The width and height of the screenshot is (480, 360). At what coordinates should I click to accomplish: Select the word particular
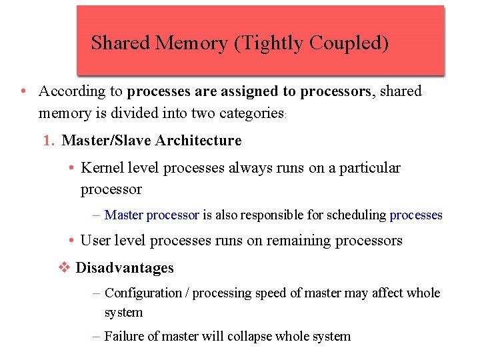tap(369, 168)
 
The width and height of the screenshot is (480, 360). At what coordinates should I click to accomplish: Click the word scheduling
tap(357, 215)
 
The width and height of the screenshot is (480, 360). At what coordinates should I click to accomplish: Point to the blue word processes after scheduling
tap(416, 215)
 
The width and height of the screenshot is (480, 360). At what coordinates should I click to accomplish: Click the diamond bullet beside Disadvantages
tap(65, 268)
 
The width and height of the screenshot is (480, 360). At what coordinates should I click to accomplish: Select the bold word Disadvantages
tap(125, 268)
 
